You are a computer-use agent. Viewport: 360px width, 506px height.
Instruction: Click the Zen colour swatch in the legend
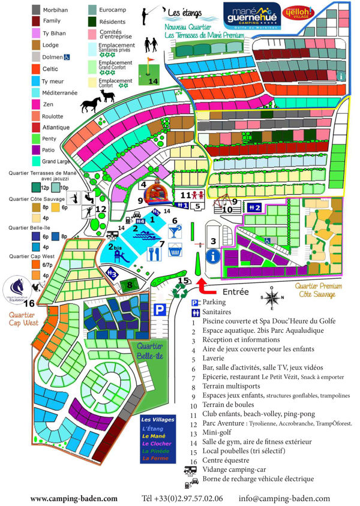pos(36,105)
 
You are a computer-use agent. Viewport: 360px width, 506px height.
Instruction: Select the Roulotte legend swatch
pos(36,116)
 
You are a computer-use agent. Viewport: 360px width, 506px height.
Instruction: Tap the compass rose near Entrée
pos(272,297)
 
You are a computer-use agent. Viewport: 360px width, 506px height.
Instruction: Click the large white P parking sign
pos(160,310)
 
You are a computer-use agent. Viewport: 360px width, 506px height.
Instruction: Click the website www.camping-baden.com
pos(74,498)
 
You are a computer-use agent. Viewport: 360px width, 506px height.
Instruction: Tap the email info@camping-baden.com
pos(284,498)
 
